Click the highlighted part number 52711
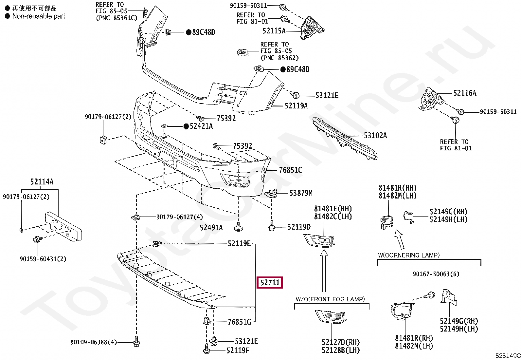coord(270,282)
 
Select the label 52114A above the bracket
coord(42,182)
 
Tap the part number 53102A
coord(375,136)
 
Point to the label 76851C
coord(290,170)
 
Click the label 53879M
coord(301,193)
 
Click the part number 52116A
coord(465,93)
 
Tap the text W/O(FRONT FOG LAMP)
coord(330,299)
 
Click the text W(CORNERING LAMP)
coord(409,255)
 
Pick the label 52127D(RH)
coord(341,342)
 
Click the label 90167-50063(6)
coord(436,274)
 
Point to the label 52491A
coord(211,228)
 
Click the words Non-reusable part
coord(39,16)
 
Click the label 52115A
coord(274,31)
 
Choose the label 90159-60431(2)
coord(43,259)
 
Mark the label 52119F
coord(238,351)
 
